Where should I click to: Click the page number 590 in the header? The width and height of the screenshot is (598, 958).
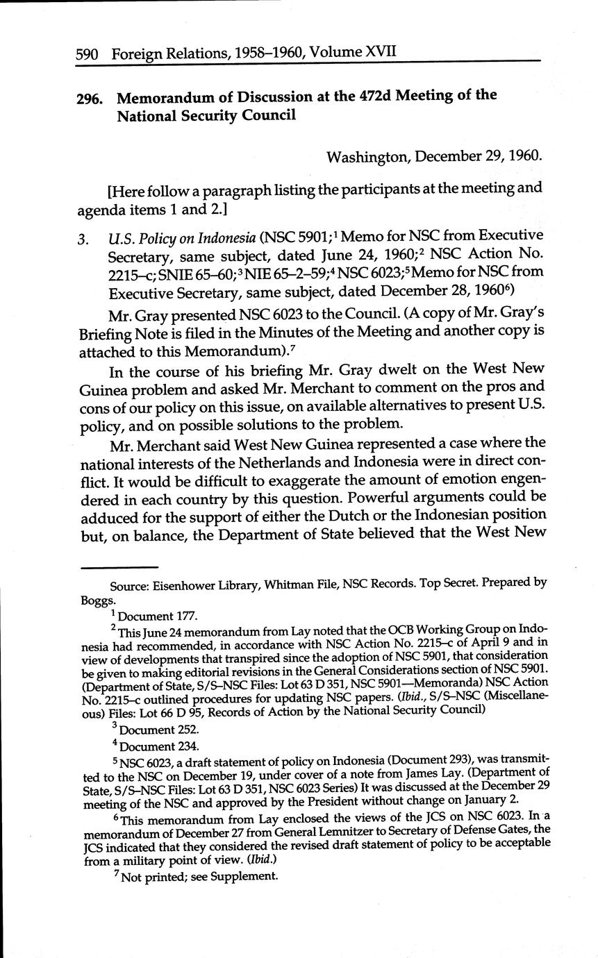pyautogui.click(x=89, y=53)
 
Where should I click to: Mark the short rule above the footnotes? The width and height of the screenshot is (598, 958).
pyautogui.click(x=110, y=569)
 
